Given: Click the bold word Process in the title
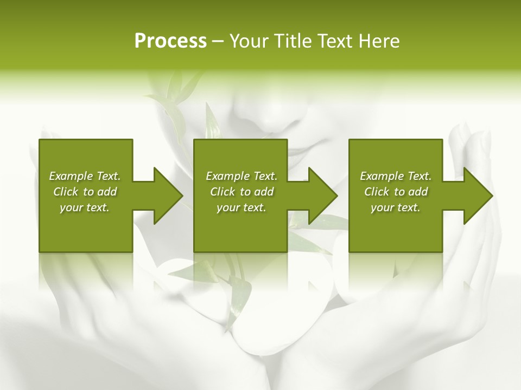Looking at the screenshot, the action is [x=170, y=41].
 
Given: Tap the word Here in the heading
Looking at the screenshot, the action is [x=379, y=41].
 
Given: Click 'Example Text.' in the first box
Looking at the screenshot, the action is [x=85, y=176].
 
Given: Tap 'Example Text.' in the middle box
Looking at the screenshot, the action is [x=242, y=176].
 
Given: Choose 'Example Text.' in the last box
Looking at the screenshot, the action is [x=396, y=176].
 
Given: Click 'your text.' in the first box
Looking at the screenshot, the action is [x=85, y=207].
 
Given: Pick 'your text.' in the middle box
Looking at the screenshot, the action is [x=242, y=207].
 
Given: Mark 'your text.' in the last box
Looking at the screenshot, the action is [x=396, y=207].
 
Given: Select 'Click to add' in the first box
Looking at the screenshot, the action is [x=85, y=192].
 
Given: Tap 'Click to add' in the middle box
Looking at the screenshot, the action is [x=242, y=192].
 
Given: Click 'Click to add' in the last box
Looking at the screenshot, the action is [x=396, y=192].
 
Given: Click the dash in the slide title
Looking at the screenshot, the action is [x=218, y=41].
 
